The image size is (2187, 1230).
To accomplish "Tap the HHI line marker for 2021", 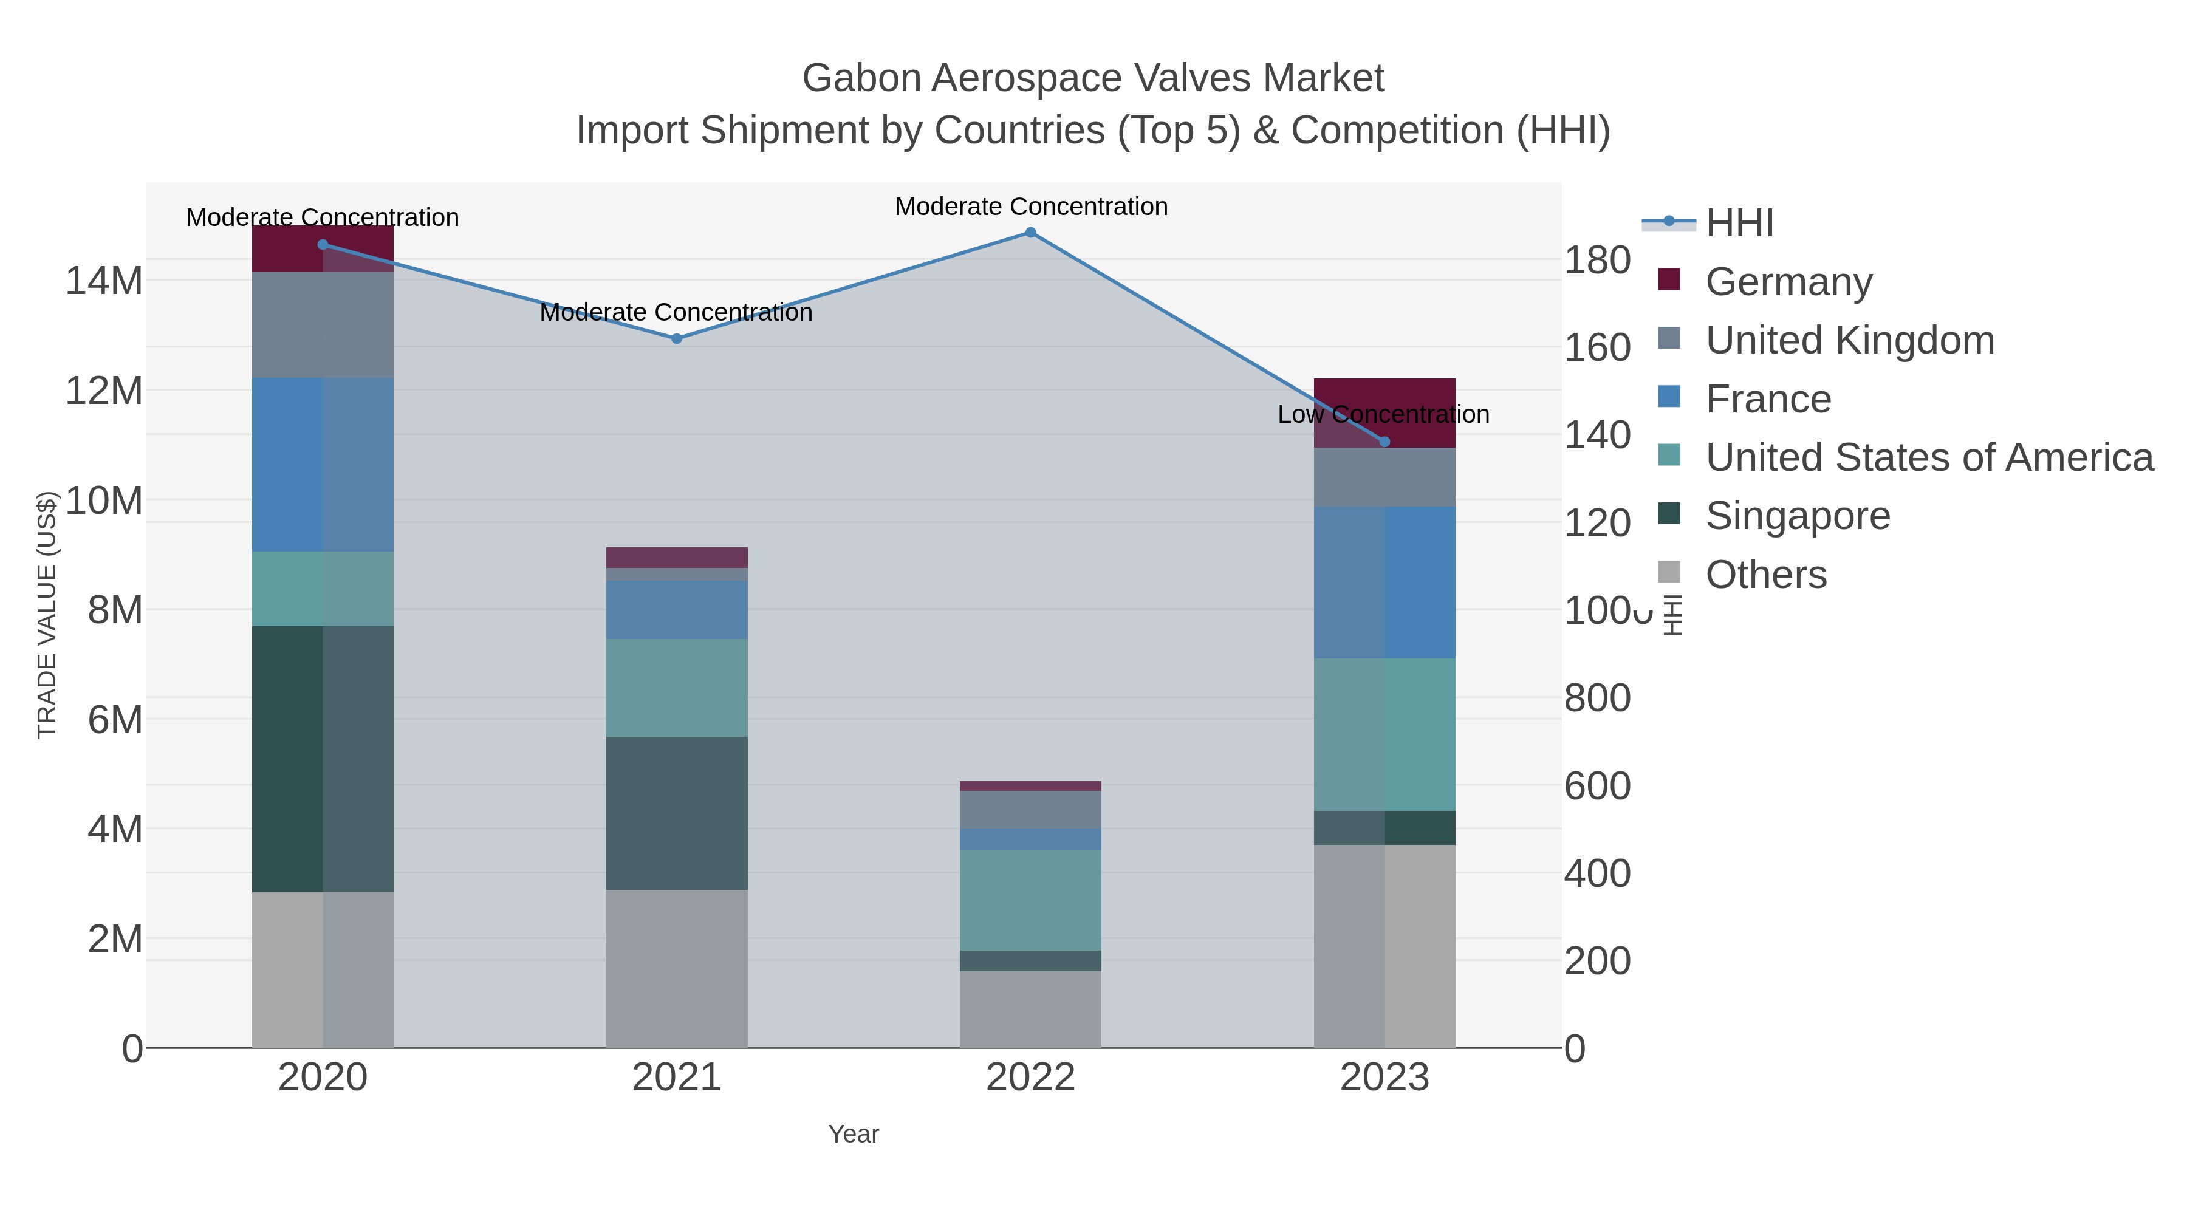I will tap(677, 339).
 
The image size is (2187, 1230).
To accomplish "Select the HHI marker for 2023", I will tap(1384, 442).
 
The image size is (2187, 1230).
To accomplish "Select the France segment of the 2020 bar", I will tap(323, 464).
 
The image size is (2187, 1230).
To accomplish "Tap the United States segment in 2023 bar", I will tap(1384, 734).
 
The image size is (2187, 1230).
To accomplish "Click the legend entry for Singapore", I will tap(1798, 516).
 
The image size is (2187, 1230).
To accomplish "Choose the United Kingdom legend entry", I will tap(1849, 340).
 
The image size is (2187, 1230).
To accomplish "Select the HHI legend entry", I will tap(1739, 224).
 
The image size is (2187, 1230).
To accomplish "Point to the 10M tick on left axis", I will tap(103, 501).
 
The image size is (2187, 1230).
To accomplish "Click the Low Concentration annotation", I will tap(1383, 414).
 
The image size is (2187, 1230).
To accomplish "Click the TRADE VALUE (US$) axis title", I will tap(47, 615).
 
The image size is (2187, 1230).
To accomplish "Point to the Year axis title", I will tap(854, 1134).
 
